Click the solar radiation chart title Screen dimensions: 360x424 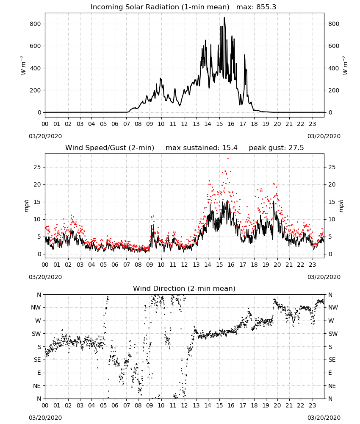(183, 7)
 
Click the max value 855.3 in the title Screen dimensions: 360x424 (266, 7)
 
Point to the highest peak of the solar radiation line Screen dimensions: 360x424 (224, 18)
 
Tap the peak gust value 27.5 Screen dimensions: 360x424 (296, 148)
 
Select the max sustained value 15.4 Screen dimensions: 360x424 (230, 148)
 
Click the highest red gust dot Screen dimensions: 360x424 (228, 159)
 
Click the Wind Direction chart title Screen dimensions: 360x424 (184, 288)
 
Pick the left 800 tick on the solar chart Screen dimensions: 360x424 (35, 24)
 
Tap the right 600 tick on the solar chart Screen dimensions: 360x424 (334, 46)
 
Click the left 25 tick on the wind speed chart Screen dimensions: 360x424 (37, 167)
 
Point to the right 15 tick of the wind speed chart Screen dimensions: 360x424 (332, 202)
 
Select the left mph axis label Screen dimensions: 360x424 (26, 206)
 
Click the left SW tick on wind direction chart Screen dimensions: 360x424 (36, 334)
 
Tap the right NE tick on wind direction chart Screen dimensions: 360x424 (332, 386)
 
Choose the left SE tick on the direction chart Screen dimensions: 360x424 (37, 360)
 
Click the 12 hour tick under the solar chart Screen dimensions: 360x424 (185, 124)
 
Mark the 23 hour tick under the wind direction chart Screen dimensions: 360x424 (313, 406)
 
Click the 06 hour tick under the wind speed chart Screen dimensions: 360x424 (115, 265)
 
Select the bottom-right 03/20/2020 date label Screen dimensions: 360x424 (324, 418)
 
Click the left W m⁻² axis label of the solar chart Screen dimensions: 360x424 (23, 65)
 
